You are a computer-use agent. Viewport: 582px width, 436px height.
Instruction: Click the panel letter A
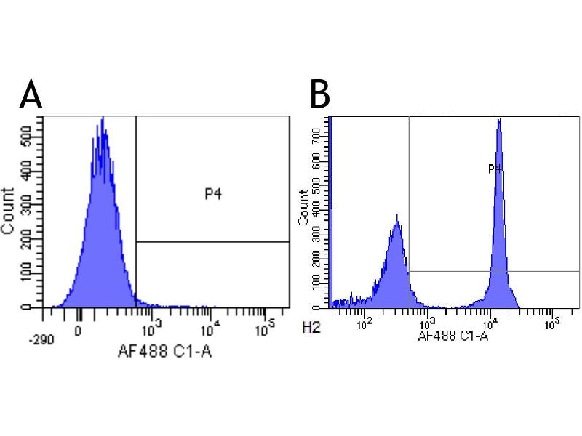coord(31,94)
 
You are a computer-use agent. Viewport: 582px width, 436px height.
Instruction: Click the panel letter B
coord(322,94)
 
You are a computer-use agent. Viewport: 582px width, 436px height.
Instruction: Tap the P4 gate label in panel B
coord(495,169)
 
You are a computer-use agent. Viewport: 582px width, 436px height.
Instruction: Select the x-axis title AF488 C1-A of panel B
coord(452,336)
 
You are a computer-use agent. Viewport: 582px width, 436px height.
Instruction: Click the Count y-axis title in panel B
coord(303,206)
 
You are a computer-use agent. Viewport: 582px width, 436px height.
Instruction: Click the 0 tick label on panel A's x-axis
coord(78,328)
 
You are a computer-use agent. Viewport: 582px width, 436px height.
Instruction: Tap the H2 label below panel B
coord(312,328)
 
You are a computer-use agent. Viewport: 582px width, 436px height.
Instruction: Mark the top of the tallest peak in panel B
coord(499,120)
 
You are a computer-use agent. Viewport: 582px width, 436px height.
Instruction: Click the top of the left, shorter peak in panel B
coord(396,216)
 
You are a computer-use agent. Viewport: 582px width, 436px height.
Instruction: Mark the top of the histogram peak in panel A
coord(103,118)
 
